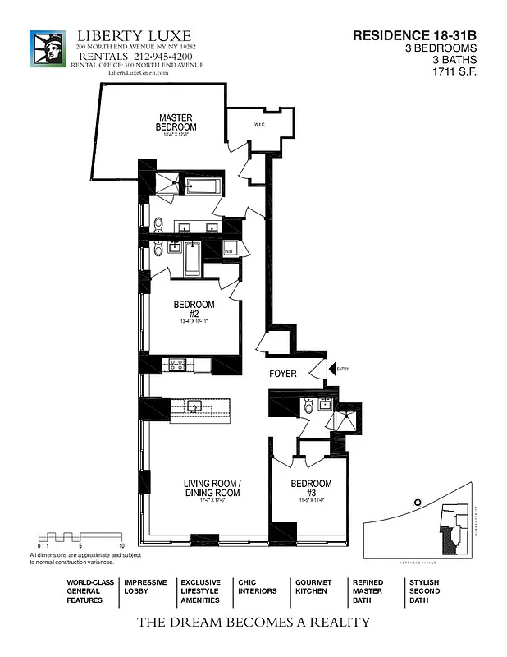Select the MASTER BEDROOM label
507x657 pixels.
click(x=176, y=122)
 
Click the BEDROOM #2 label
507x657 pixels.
click(x=194, y=309)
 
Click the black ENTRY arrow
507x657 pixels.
click(x=332, y=370)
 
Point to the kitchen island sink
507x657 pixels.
click(x=196, y=407)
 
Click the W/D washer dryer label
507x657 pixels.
click(x=230, y=250)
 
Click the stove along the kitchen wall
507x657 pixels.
click(x=177, y=363)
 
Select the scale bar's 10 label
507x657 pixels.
click(x=121, y=545)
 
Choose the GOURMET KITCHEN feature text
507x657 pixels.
click(x=313, y=586)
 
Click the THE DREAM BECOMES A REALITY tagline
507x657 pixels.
click(x=253, y=623)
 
